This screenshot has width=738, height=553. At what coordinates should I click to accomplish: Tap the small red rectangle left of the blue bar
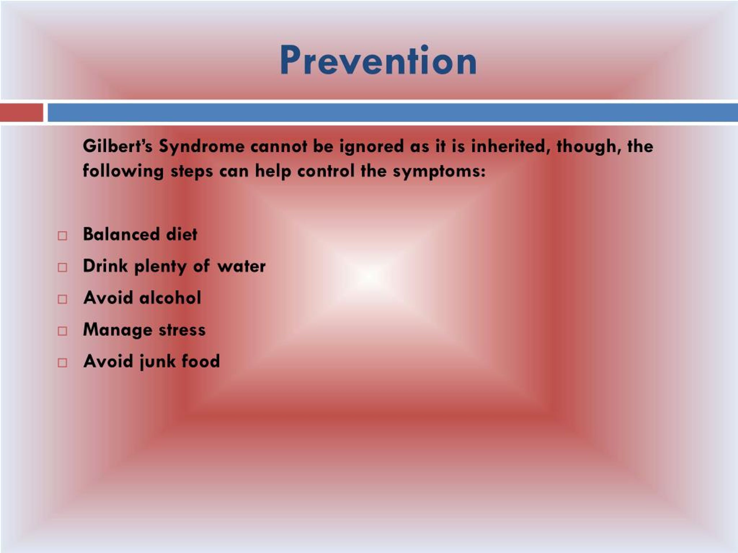point(21,112)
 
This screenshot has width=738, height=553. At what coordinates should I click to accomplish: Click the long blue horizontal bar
point(392,112)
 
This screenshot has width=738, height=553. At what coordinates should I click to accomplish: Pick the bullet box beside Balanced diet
point(62,236)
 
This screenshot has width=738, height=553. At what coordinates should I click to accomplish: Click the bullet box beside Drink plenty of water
point(62,267)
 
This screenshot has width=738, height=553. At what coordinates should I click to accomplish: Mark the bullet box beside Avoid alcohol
point(62,299)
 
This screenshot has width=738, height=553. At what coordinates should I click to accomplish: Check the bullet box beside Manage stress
point(62,331)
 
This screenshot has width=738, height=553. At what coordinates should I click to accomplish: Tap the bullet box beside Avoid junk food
point(62,363)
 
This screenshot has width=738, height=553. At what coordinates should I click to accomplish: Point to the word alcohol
point(170,297)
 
